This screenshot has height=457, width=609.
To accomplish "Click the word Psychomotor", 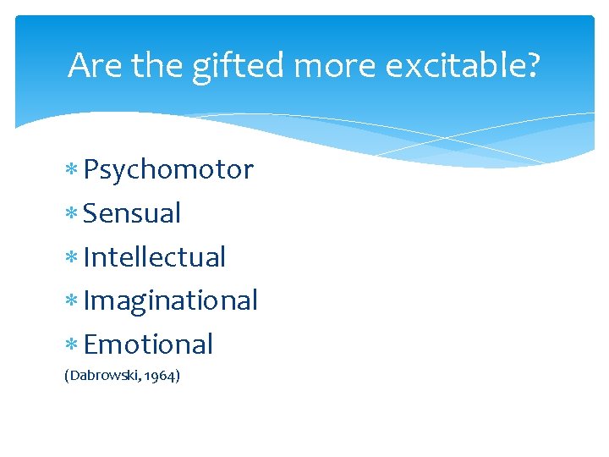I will (168, 170).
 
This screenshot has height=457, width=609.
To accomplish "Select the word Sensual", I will (132, 213).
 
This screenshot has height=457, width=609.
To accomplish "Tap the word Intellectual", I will (155, 257).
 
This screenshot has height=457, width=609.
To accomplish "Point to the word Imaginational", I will (171, 300).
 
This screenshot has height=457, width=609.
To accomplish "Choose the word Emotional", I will (149, 344).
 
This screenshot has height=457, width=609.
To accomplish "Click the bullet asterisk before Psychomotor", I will (73, 171).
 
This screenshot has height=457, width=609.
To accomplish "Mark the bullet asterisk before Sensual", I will (73, 214).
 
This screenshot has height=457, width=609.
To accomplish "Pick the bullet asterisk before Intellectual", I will (73, 258).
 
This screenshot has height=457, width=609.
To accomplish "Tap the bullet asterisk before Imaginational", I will (73, 301).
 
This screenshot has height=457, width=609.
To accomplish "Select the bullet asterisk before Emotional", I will (73, 345).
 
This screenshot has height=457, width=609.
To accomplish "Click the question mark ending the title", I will (530, 65).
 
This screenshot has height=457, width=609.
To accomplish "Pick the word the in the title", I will (153, 65).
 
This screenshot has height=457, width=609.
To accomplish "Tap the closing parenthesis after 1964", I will (177, 375).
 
